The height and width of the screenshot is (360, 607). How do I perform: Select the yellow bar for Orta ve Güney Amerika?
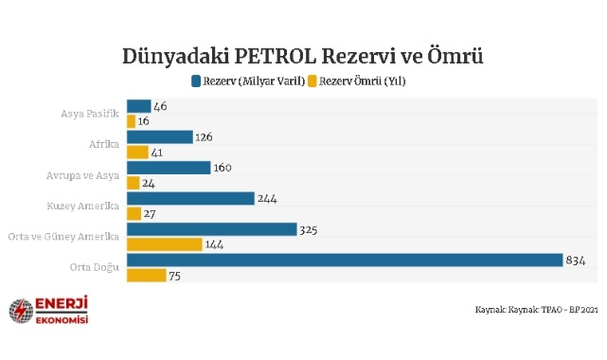click(x=164, y=244)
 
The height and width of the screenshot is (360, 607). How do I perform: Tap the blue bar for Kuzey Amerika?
click(x=190, y=198)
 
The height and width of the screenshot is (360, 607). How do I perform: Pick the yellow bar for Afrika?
click(x=138, y=152)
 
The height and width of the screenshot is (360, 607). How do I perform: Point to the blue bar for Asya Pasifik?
click(x=138, y=106)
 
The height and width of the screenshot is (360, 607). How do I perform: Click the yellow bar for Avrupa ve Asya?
click(x=133, y=183)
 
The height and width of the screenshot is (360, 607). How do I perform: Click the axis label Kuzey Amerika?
click(x=83, y=206)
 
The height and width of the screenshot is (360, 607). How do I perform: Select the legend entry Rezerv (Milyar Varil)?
click(x=248, y=81)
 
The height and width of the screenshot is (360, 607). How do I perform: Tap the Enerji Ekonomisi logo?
click(x=48, y=310)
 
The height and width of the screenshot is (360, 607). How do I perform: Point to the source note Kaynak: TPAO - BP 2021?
click(x=536, y=310)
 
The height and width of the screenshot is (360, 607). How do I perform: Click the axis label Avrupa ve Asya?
click(x=83, y=175)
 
